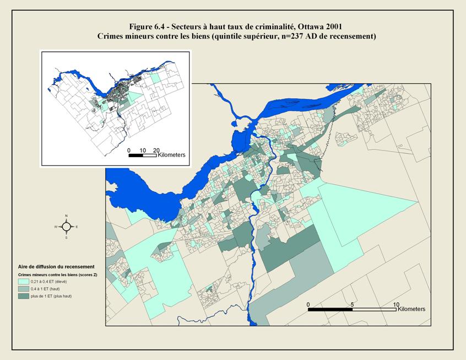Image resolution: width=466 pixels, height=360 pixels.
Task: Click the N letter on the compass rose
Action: coord(66,216)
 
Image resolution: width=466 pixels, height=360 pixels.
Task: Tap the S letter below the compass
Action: coord(66,238)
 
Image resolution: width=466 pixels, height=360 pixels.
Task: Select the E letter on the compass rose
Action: coord(77,227)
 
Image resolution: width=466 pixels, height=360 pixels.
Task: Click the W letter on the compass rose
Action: coord(56,227)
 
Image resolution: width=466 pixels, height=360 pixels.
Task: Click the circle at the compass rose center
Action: coord(66,227)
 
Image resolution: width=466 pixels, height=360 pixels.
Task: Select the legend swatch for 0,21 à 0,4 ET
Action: coord(23,282)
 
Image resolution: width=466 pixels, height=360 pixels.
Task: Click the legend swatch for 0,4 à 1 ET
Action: coord(23,289)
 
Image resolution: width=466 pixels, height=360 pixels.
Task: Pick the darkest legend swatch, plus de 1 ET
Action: coord(23,296)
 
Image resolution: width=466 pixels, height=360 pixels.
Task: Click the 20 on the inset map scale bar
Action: coord(156,150)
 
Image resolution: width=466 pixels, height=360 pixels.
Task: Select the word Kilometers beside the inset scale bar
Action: coord(172,155)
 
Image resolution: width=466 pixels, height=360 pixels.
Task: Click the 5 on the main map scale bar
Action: coord(352,304)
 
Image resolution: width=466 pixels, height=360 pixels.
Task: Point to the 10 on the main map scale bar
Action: coord(395,304)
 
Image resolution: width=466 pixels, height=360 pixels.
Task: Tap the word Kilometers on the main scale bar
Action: coord(411,310)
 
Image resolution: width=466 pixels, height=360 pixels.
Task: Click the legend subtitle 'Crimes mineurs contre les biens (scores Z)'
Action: coord(57,274)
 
